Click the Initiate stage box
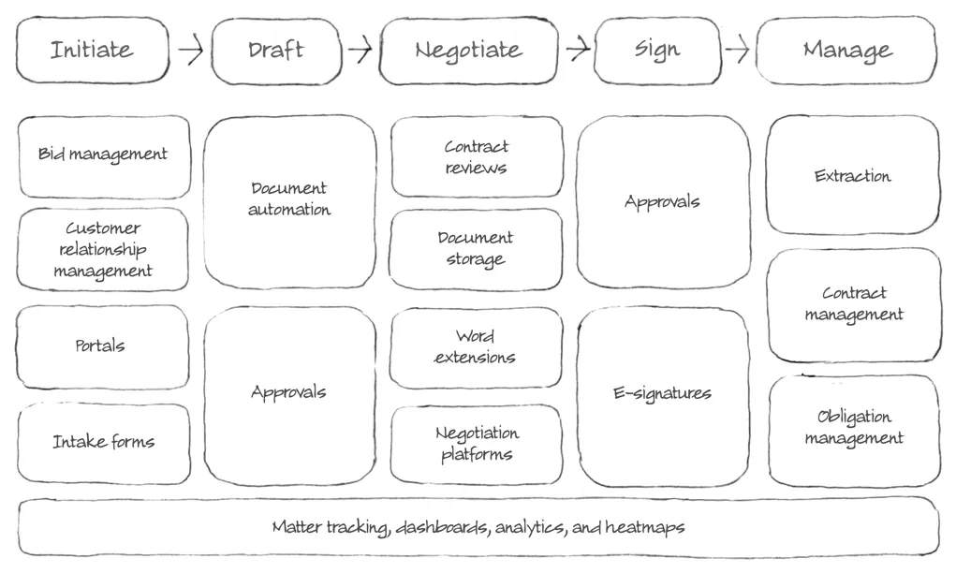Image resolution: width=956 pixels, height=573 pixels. (x=93, y=50)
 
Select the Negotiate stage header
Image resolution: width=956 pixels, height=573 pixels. (x=468, y=51)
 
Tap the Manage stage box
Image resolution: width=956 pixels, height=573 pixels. (x=846, y=50)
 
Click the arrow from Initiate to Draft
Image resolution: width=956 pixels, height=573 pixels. (x=191, y=50)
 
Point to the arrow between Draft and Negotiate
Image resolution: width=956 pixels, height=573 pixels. (x=360, y=49)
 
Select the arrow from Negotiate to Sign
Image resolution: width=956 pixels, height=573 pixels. (x=578, y=48)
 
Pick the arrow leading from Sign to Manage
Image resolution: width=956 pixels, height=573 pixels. (x=738, y=49)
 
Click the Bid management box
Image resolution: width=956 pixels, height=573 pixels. (x=104, y=156)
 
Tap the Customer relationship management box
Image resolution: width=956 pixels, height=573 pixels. (x=102, y=249)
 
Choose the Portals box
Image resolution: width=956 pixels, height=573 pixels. (x=102, y=346)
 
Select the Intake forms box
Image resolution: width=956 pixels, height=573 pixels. (x=104, y=443)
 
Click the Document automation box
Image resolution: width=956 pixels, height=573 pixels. (x=289, y=202)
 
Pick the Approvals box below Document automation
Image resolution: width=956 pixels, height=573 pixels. (x=289, y=396)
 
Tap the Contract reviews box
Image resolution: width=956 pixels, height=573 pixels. (x=477, y=156)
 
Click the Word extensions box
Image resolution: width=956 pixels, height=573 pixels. (x=476, y=347)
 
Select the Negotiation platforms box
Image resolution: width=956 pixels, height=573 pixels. (x=477, y=445)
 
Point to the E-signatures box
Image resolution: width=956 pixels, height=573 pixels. (x=663, y=397)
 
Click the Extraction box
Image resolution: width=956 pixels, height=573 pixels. (x=853, y=175)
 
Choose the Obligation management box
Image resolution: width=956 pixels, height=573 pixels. (x=854, y=431)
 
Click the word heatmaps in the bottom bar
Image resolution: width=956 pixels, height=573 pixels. (x=645, y=528)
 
